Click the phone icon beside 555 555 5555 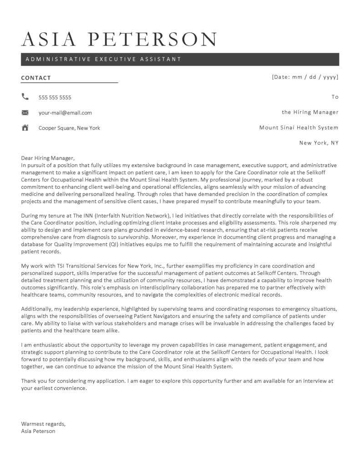point(25,96)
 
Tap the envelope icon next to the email point(25,112)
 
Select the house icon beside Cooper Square point(25,127)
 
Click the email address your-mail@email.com point(65,113)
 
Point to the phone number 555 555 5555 point(55,97)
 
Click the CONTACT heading point(36,78)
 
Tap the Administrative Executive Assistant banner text point(103,59)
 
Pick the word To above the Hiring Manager point(335,97)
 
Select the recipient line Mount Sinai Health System point(299,128)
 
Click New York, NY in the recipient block point(319,143)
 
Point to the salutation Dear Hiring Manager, point(47,157)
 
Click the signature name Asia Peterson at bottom point(38,431)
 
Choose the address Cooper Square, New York point(69,128)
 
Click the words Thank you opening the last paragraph point(34,380)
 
